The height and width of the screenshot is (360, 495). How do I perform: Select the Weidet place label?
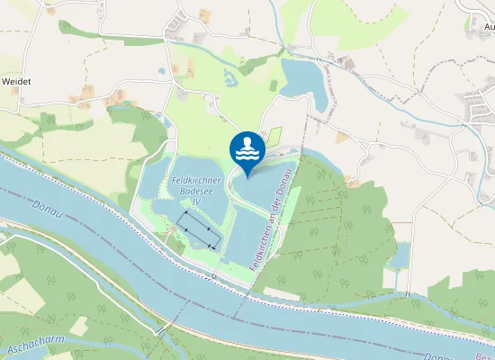tap(16, 81)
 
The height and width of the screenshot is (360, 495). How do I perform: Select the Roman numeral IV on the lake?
tap(195, 202)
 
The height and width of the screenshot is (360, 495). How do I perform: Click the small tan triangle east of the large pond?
tap(343, 137)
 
